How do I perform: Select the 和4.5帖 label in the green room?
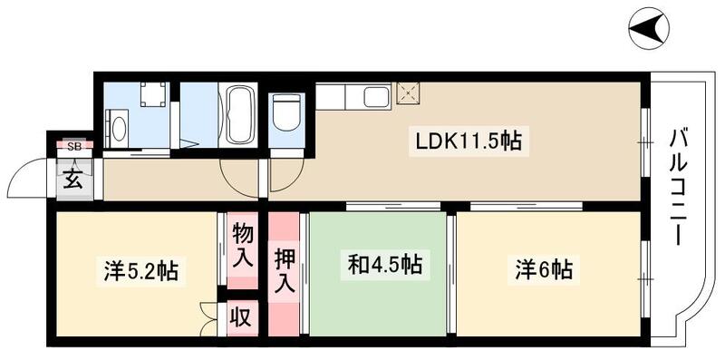(x=384, y=267)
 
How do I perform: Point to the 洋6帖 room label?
(x=544, y=269)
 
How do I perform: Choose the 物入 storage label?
(x=242, y=245)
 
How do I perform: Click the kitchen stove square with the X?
(x=406, y=92)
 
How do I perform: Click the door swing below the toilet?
(x=279, y=178)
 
